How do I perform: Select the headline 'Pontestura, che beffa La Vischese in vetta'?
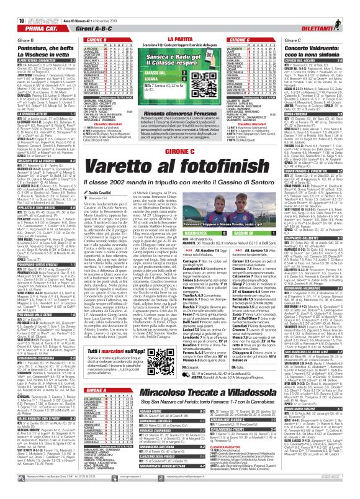click(38, 51)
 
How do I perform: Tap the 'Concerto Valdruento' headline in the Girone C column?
click(322, 50)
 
